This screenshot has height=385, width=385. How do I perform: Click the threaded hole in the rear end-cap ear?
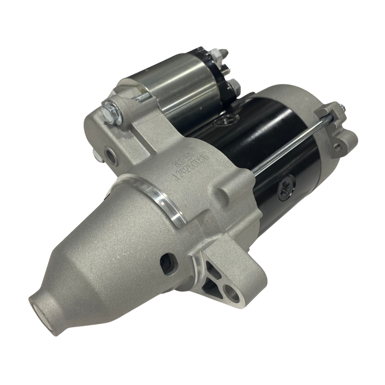pos(336,145)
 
